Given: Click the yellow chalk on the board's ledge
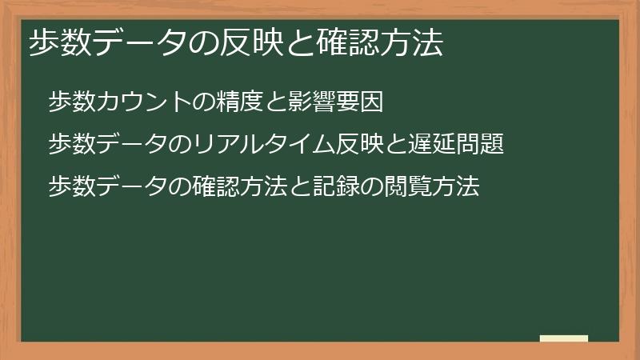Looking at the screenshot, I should (564, 338).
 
